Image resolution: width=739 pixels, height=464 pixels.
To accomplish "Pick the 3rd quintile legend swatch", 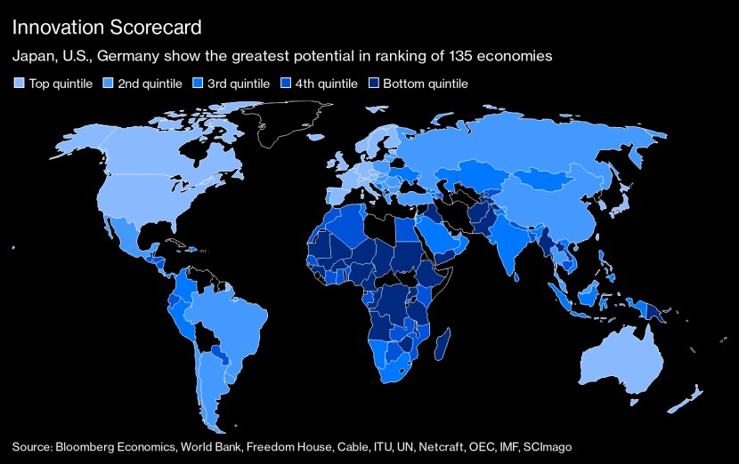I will click(199, 84).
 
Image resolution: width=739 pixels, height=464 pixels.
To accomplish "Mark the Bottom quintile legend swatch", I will click(375, 84).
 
